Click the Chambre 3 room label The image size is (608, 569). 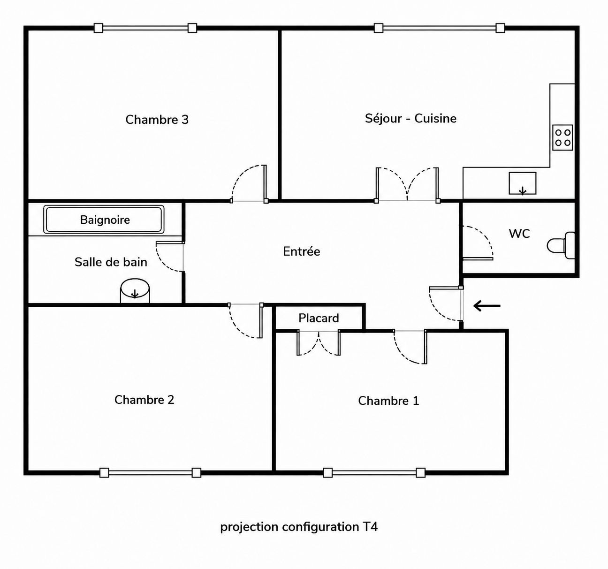(157, 120)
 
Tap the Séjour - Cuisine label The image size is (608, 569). (410, 119)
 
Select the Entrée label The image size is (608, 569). (302, 251)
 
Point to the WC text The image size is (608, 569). (519, 234)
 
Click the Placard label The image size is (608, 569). (319, 318)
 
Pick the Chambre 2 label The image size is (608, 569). (144, 400)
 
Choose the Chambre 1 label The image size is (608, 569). (388, 401)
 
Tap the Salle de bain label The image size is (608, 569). (111, 262)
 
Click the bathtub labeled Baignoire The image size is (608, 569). (104, 220)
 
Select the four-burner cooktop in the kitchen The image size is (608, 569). (562, 137)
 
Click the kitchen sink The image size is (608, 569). (523, 183)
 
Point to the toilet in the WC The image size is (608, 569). (561, 245)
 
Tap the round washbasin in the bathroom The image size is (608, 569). (135, 291)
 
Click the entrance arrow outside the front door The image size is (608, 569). (487, 306)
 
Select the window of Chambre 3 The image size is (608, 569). (145, 28)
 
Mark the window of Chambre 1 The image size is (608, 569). (374, 473)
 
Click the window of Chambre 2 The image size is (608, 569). (150, 473)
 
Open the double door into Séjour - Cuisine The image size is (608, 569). (407, 185)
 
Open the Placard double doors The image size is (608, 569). (319, 343)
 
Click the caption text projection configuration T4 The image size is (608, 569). (299, 527)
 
